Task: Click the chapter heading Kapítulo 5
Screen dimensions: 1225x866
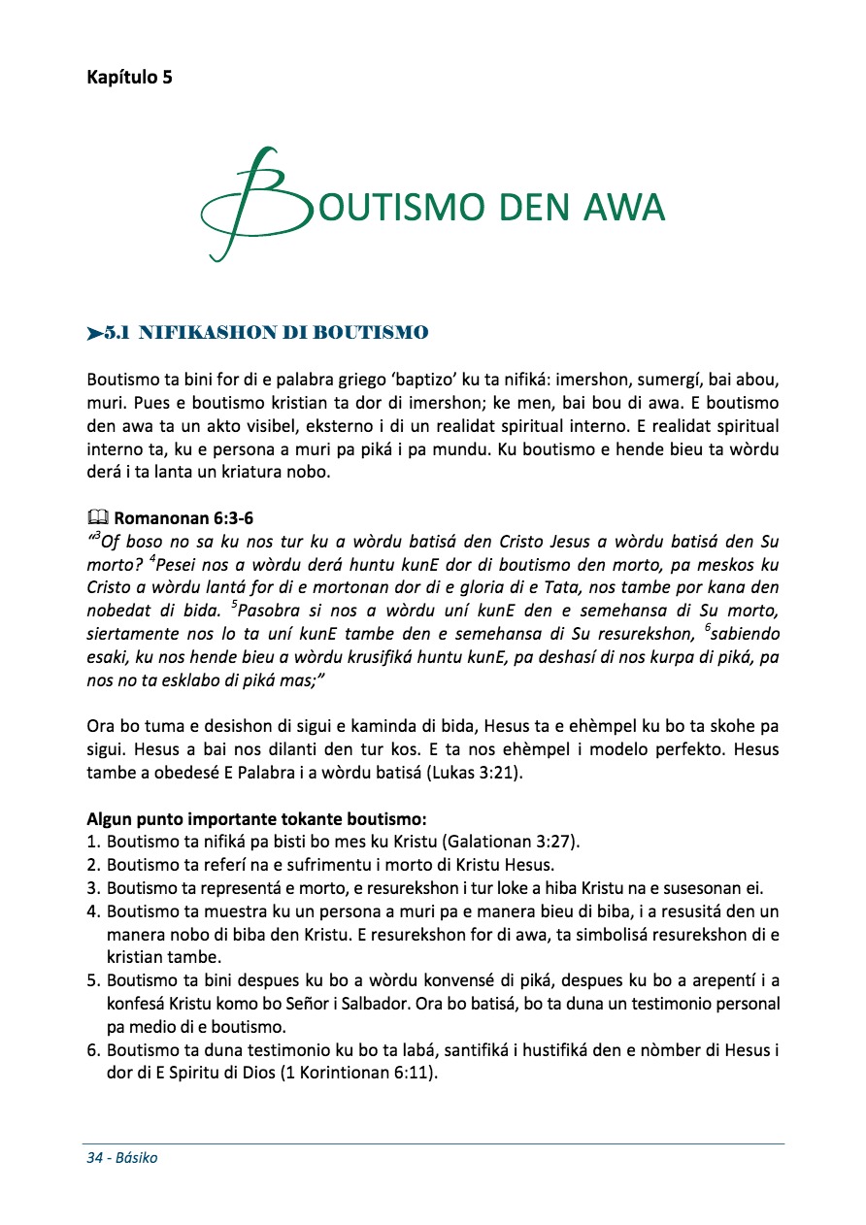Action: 129,78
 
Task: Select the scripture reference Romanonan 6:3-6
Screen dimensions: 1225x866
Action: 183,519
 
